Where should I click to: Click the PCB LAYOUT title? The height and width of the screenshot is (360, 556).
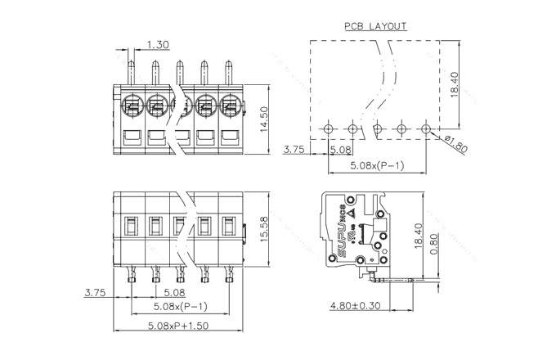[x=375, y=26]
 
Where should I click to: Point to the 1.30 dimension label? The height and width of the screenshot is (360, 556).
[x=159, y=44]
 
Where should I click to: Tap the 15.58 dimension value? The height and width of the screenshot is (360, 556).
[x=262, y=228]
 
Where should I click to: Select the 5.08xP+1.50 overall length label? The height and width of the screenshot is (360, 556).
[x=178, y=326]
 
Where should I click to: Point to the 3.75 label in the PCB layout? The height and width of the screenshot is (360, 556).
[x=294, y=150]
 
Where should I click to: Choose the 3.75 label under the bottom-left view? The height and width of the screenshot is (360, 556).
[x=95, y=292]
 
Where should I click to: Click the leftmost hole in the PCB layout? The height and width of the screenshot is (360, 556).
[x=329, y=128]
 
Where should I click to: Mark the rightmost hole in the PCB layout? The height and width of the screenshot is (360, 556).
[x=426, y=128]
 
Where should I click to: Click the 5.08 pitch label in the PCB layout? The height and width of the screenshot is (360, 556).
[x=340, y=150]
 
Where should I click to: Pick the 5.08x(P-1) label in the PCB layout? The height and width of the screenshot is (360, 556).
[x=377, y=165]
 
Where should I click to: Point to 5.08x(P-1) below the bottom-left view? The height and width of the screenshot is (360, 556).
[x=182, y=308]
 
